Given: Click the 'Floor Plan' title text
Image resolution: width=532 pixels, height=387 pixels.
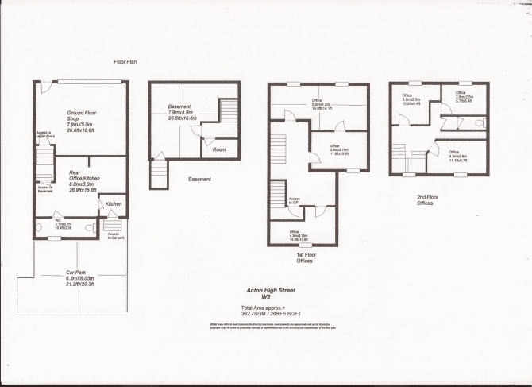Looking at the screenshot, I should [126, 61].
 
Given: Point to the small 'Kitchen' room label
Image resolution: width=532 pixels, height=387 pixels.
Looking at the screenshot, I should [114, 204].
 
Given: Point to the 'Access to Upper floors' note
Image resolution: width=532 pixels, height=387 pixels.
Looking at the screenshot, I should [44, 135].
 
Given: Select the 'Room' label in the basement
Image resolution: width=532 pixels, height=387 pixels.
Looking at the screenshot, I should [218, 149].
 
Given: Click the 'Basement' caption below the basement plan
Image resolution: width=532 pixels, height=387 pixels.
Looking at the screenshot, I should [199, 180].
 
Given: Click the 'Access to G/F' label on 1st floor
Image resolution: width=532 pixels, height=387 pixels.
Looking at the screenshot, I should [294, 201].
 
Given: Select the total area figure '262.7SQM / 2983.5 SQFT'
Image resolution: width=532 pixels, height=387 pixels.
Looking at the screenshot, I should [275, 312].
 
